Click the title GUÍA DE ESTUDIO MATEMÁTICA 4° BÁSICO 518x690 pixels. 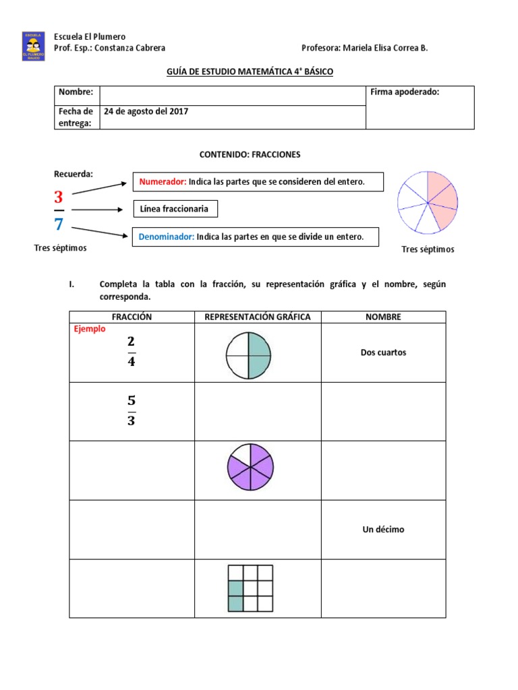(x=250, y=71)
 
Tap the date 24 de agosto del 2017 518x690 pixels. (x=145, y=111)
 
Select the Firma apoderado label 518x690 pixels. (x=405, y=92)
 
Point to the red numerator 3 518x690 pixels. (x=58, y=197)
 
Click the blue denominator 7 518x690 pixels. (x=58, y=224)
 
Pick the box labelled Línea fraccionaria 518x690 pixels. (x=175, y=209)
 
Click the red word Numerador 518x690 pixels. (x=162, y=182)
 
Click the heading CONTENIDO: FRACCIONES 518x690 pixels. (x=250, y=154)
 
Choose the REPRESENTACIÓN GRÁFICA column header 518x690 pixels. (x=258, y=317)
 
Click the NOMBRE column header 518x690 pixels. (x=383, y=317)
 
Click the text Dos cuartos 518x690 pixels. (x=383, y=352)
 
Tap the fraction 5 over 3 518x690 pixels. (x=132, y=410)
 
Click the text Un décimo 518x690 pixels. (x=383, y=530)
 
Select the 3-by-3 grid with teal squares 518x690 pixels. (x=250, y=588)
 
